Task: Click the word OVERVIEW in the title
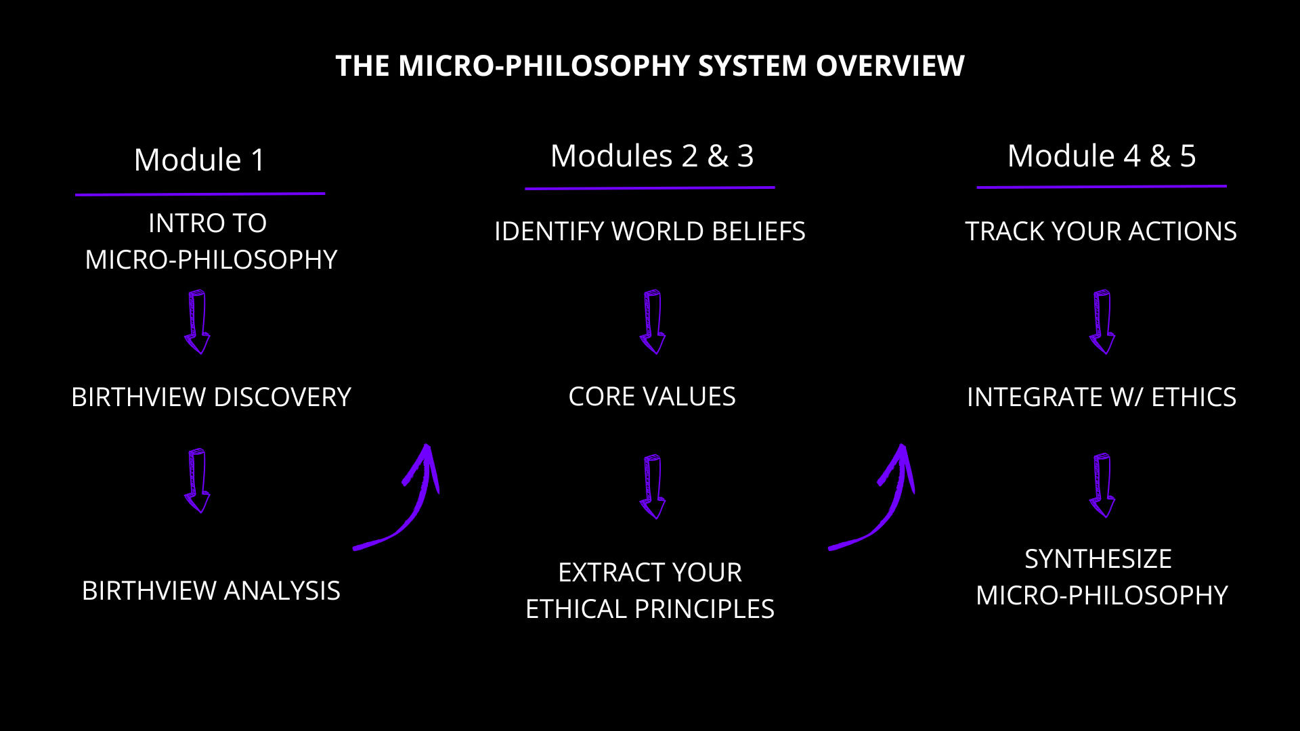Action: click(x=890, y=66)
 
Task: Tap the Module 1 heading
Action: click(x=200, y=160)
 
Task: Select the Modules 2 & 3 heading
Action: click(x=651, y=156)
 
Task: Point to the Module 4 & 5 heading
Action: click(x=1102, y=156)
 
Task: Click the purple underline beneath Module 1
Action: click(x=200, y=194)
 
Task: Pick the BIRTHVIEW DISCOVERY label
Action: click(x=211, y=397)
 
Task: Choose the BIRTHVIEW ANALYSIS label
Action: click(x=211, y=591)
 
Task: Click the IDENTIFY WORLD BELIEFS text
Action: click(x=650, y=231)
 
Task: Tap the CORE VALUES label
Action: click(x=652, y=397)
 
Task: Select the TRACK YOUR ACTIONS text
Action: click(x=1101, y=231)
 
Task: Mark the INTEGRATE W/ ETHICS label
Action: click(x=1102, y=397)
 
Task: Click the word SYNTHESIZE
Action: click(x=1098, y=559)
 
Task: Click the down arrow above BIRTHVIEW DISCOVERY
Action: click(x=198, y=322)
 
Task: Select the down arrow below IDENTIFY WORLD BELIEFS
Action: click(x=653, y=322)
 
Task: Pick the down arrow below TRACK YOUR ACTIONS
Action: click(x=1102, y=322)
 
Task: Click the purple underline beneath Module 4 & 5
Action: click(x=1102, y=186)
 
